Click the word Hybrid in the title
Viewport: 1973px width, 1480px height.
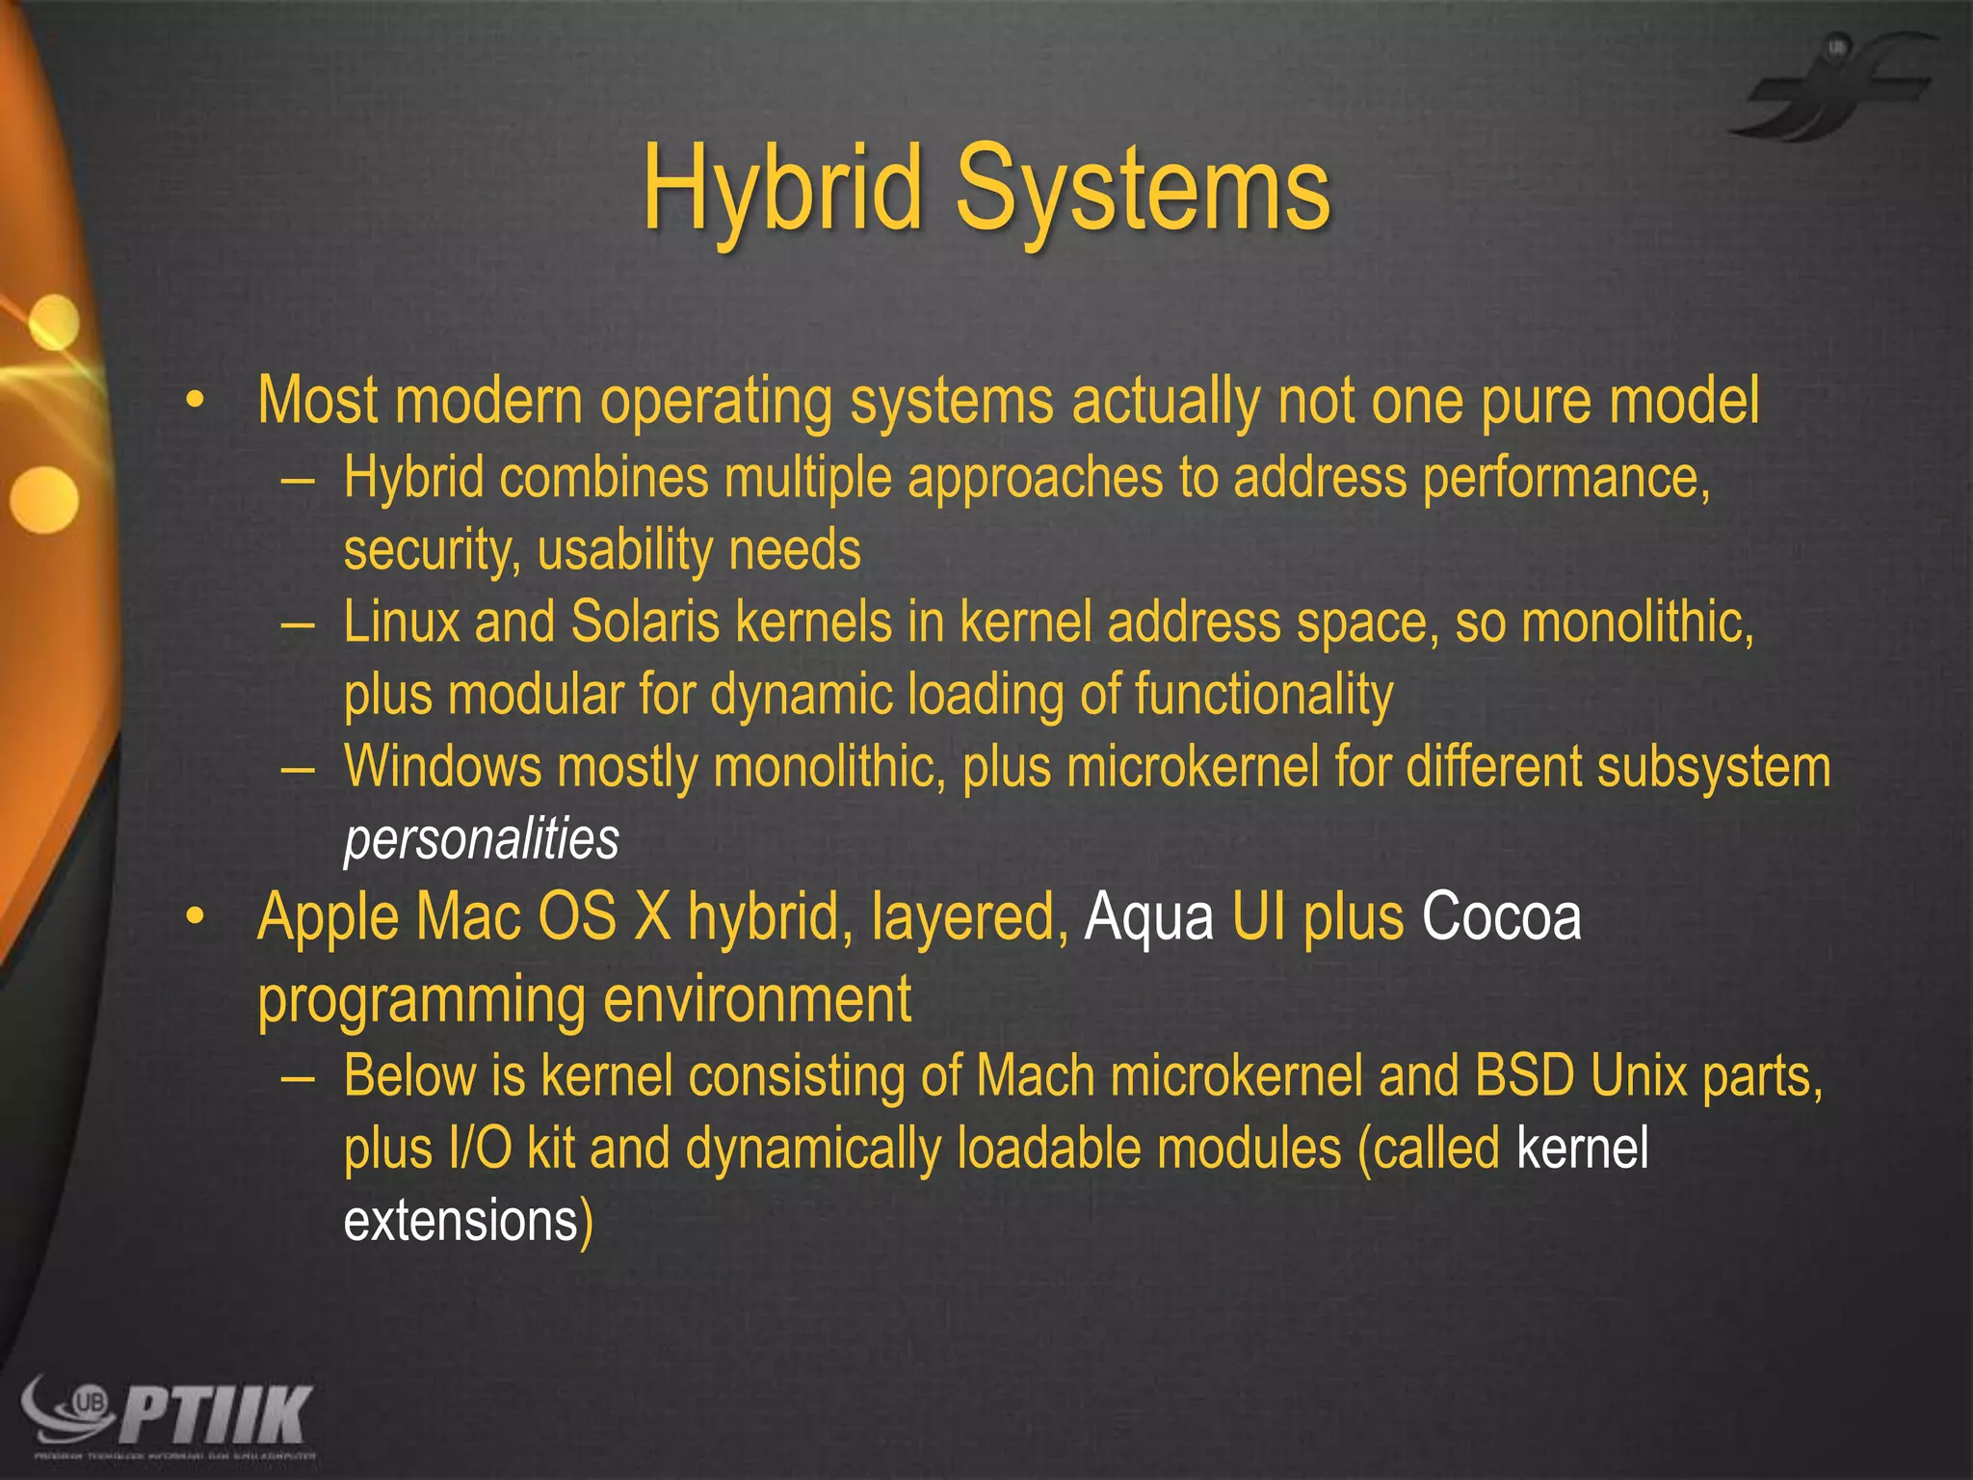click(x=783, y=188)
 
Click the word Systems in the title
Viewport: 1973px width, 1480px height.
click(x=1143, y=188)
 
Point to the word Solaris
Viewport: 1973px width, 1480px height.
click(x=645, y=622)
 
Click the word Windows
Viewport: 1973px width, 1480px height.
click(x=443, y=767)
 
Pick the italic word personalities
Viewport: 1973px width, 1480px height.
click(x=481, y=839)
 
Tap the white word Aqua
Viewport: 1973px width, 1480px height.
click(x=1148, y=917)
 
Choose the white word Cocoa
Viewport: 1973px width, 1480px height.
click(x=1501, y=916)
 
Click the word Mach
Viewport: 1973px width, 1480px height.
click(x=1036, y=1075)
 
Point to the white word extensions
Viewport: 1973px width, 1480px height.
click(x=460, y=1221)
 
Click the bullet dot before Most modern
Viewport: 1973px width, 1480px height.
click(x=196, y=401)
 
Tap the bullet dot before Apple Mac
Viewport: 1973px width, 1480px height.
click(x=196, y=916)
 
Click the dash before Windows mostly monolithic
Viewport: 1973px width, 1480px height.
click(x=298, y=768)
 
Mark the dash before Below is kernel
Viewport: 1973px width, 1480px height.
click(x=298, y=1076)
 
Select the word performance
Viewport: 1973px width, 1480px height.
click(x=1565, y=478)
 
